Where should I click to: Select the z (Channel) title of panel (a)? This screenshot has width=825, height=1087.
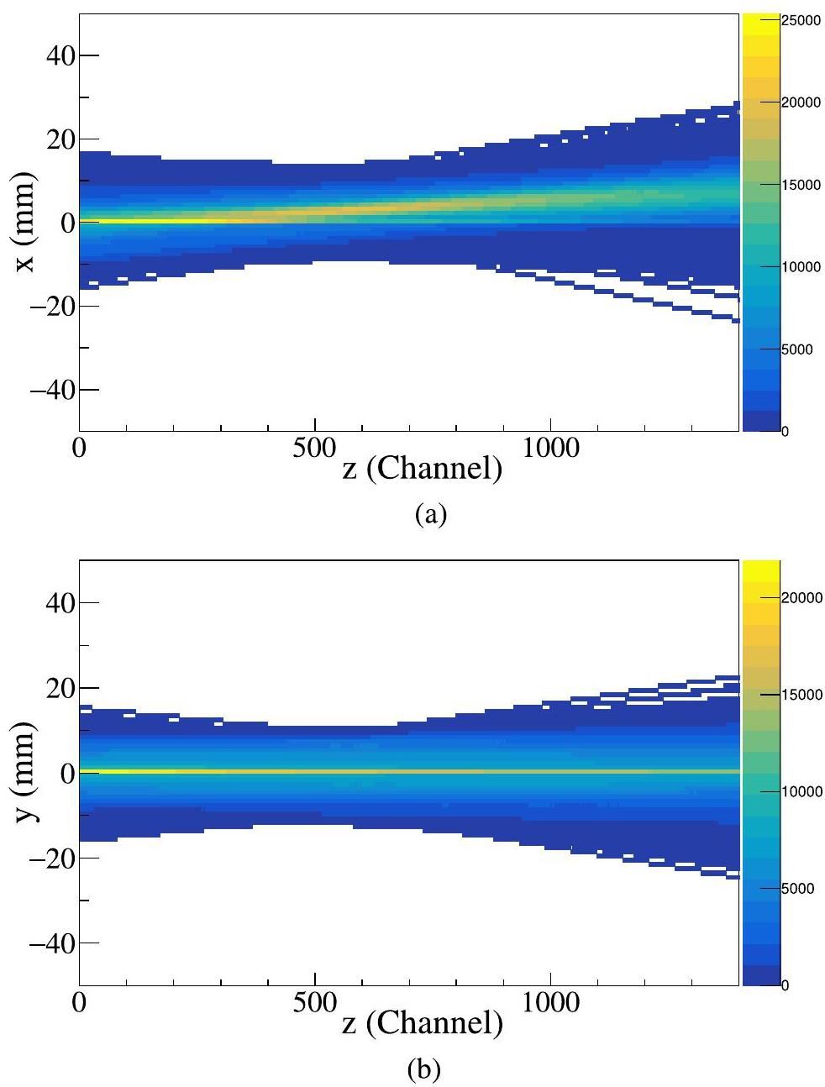423,468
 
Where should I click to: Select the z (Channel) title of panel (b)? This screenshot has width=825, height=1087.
423,1021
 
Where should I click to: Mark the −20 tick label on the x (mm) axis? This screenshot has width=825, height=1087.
54,307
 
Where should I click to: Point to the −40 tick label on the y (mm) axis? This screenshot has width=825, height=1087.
54,943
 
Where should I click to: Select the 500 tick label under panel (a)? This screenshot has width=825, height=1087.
314,448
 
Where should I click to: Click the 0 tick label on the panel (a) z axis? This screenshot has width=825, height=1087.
80,448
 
